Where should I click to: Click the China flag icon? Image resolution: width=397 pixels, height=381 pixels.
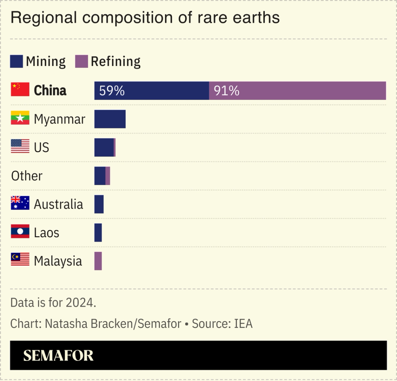point(20,90)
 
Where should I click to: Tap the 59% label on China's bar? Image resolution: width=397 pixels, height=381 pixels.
point(112,91)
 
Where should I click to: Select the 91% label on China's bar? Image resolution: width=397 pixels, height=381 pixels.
point(226,91)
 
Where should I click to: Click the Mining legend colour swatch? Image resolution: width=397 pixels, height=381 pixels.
point(16,61)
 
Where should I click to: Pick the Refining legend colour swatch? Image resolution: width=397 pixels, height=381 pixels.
point(81,61)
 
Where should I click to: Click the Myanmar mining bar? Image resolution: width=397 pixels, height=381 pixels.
point(110,119)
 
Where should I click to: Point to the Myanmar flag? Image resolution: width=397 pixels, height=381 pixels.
point(20,118)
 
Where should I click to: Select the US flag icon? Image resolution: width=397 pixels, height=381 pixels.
point(20,146)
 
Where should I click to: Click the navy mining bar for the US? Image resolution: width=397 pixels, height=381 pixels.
point(104,148)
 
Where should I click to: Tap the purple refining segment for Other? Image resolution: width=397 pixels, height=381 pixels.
point(108,176)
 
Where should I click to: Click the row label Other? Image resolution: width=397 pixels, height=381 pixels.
point(27,176)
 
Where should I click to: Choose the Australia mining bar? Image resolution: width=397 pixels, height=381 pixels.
point(99,204)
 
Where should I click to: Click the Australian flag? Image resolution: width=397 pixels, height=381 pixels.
point(20,203)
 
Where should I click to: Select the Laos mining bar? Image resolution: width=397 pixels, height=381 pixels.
point(98,233)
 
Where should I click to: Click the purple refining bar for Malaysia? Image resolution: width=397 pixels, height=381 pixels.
point(98,261)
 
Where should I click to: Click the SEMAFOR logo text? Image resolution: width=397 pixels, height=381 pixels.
point(58,356)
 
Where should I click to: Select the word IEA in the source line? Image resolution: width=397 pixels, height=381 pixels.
point(243,324)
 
